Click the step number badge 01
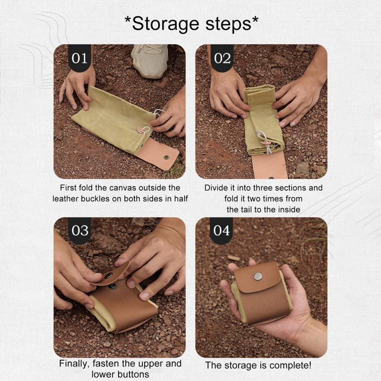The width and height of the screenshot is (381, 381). point(80,58)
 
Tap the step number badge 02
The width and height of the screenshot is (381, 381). point(222,58)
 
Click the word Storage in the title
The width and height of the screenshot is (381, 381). point(166,24)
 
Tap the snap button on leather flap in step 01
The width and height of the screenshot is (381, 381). point(166,157)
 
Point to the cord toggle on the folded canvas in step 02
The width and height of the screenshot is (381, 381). point(266,143)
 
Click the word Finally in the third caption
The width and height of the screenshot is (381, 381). point(74,363)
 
